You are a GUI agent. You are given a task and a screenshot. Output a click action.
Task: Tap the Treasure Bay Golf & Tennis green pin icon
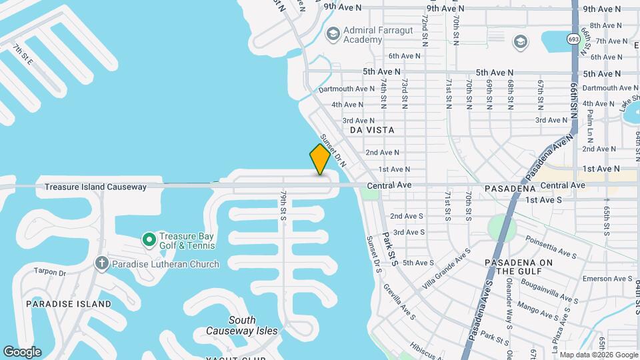tap(148, 239)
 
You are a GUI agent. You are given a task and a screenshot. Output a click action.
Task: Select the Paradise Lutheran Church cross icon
tap(101, 264)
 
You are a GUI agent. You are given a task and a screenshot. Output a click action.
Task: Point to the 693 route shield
tap(573, 39)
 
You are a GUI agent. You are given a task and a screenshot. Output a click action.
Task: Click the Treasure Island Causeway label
tap(95, 187)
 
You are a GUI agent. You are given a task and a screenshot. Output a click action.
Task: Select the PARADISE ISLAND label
tap(68, 304)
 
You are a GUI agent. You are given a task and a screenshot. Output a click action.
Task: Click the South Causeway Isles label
tap(242, 325)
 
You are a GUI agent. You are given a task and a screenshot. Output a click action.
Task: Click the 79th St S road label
tap(283, 205)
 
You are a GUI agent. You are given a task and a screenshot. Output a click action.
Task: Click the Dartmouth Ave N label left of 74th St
tap(347, 89)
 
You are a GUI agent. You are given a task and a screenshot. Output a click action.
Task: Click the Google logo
tap(22, 351)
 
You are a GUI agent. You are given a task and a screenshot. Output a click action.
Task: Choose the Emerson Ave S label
tap(607, 279)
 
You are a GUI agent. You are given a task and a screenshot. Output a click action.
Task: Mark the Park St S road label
tap(389, 249)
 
